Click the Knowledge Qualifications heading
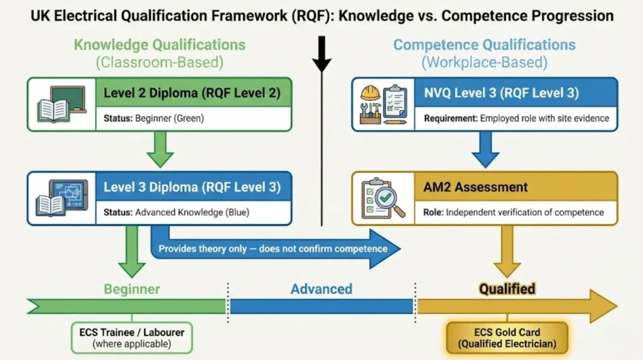[x=159, y=45]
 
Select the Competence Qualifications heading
[x=484, y=45]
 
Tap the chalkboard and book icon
[x=62, y=104]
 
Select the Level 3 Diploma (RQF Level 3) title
[x=192, y=187]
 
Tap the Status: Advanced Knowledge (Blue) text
[x=176, y=212]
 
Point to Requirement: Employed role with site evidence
[x=516, y=118]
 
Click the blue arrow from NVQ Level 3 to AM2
[x=484, y=151]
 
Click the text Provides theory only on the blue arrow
[x=272, y=249]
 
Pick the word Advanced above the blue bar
[x=321, y=289]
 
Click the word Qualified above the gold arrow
[x=507, y=289]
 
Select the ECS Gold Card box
[x=507, y=338]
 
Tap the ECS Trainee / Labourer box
[x=132, y=338]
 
